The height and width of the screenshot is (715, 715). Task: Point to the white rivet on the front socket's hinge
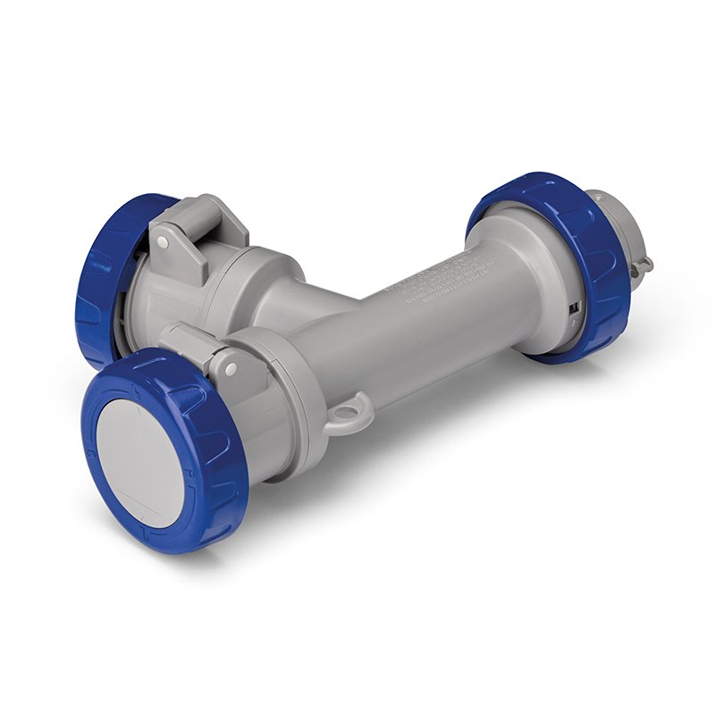pyautogui.click(x=231, y=367)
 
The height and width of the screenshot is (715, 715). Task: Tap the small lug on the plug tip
pyautogui.click(x=643, y=265)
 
